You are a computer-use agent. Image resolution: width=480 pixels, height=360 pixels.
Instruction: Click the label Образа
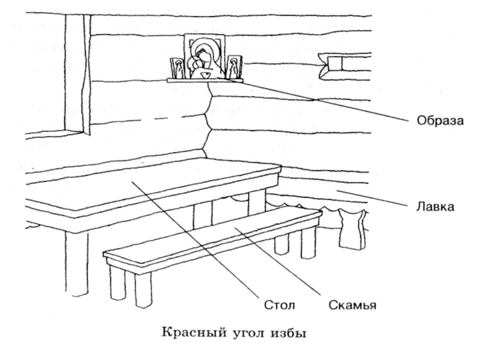(440, 121)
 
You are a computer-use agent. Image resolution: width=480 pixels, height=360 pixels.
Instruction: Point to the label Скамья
(352, 305)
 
